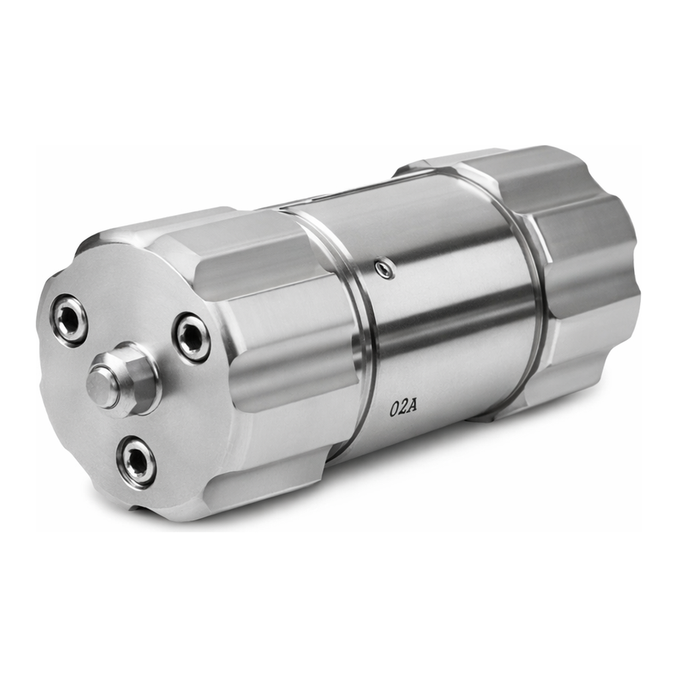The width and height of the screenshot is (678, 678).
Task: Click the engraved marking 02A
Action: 403,408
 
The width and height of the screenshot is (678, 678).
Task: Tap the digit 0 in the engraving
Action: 393,410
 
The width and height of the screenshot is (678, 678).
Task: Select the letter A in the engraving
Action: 412,407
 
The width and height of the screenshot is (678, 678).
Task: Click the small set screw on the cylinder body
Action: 384,269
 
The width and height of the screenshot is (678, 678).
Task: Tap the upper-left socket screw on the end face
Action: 68,320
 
